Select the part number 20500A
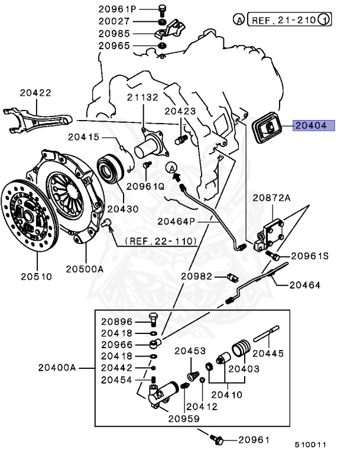[x=85, y=268]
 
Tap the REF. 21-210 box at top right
[x=289, y=20]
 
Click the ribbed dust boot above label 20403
[x=240, y=348]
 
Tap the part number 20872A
[x=272, y=198]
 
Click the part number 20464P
[x=176, y=221]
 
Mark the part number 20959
[x=183, y=418]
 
